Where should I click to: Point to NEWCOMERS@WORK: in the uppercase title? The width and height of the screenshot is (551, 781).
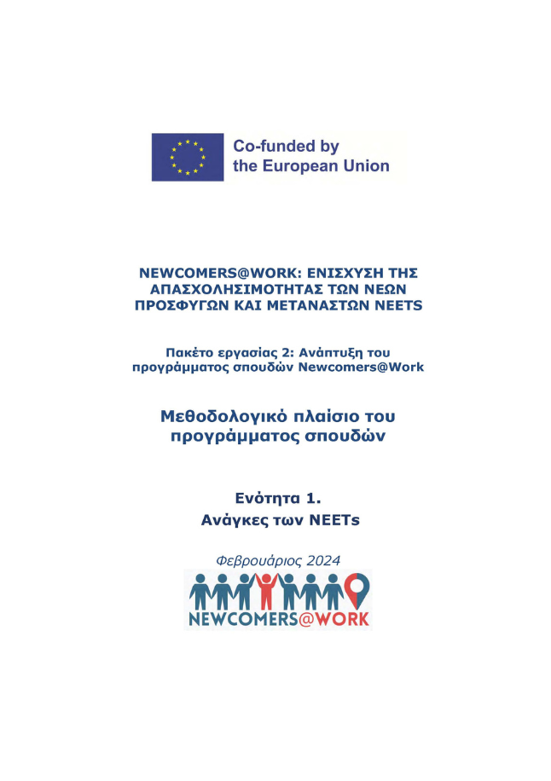206,274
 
